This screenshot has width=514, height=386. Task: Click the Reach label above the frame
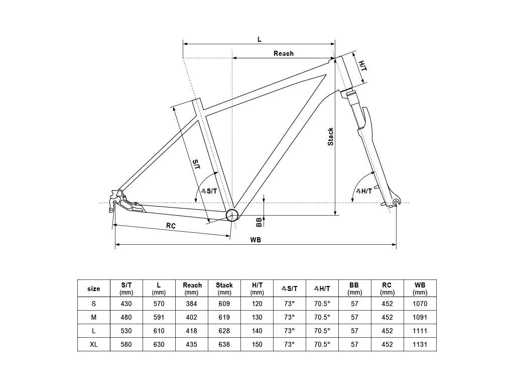(284, 53)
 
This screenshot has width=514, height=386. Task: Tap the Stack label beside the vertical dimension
(330, 137)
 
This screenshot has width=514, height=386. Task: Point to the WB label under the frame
(255, 240)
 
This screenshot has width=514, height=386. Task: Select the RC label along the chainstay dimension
(171, 226)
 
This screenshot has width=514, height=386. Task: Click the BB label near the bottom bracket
(259, 222)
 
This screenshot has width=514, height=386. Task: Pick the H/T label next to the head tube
(362, 66)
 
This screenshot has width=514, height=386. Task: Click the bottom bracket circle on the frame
(232, 215)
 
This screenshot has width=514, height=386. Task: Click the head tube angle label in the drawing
(364, 191)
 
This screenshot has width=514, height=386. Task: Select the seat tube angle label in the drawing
(209, 191)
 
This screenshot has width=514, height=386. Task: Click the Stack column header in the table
(224, 288)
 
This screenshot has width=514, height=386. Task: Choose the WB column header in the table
(420, 288)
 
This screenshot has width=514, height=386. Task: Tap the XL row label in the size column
(94, 344)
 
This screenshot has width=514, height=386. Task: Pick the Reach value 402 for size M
(191, 318)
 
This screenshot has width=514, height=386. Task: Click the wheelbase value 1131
(420, 344)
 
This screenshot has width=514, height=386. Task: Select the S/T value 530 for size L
(126, 331)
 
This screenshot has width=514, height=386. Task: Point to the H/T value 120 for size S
(257, 304)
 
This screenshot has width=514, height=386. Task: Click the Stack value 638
(224, 344)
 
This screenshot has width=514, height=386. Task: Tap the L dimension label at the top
(260, 39)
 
